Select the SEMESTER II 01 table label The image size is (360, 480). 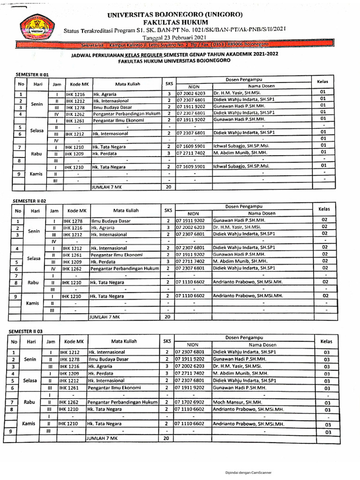pyautogui.click(x=33, y=75)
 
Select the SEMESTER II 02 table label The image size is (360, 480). pyautogui.click(x=30, y=201)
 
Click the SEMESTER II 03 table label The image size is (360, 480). pyautogui.click(x=26, y=331)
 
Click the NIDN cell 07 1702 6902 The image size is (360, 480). pyautogui.click(x=190, y=402)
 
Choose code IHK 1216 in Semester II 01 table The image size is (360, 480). pyautogui.click(x=75, y=94)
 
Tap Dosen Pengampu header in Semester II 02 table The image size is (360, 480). pyautogui.click(x=246, y=206)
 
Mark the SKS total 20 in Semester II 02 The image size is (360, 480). pyautogui.click(x=167, y=317)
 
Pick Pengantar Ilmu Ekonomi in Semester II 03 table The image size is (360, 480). pyautogui.click(x=111, y=388)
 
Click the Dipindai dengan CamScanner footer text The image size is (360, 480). pyautogui.click(x=248, y=472)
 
